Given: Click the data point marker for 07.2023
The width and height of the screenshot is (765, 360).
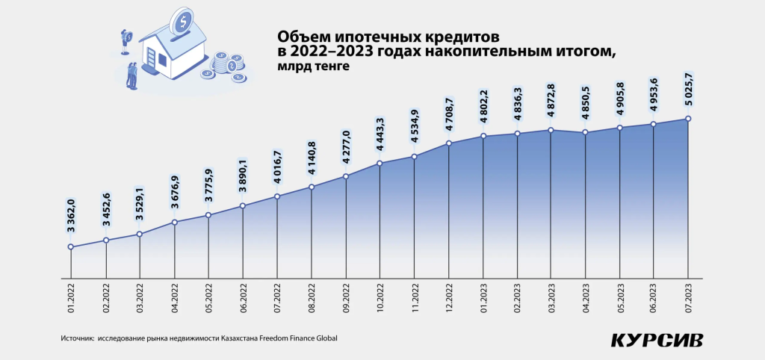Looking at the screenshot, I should click(687, 118).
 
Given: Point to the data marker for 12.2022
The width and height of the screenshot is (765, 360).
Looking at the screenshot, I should click(449, 143).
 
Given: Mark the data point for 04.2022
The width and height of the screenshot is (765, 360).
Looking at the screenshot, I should click(175, 222).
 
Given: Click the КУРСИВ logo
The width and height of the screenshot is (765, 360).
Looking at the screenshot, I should click(657, 340).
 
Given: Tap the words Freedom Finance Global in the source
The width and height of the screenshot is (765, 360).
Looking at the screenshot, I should click(298, 338).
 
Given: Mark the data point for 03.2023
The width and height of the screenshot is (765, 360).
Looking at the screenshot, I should click(551, 130).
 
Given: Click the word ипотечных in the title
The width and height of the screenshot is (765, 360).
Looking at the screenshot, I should click(374, 37).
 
